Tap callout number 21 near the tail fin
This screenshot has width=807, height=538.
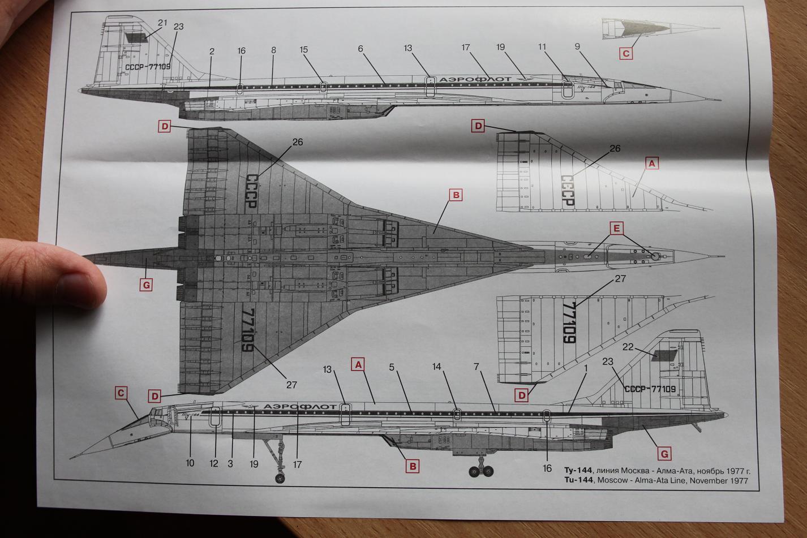(x=163, y=23)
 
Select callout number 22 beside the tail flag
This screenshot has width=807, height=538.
(x=628, y=347)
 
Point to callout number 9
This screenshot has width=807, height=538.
(x=578, y=47)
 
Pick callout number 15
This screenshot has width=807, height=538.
(x=304, y=50)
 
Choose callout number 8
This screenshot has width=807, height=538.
(x=273, y=50)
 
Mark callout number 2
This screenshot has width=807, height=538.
(x=212, y=51)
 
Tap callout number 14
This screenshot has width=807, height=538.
(x=436, y=367)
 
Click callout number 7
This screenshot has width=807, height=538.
(x=477, y=367)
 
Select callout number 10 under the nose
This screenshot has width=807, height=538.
(x=190, y=463)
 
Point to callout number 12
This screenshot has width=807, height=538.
(x=214, y=463)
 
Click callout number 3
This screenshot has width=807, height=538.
(x=230, y=463)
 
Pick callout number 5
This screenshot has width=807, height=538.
(x=391, y=367)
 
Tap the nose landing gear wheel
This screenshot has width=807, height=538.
(x=280, y=479)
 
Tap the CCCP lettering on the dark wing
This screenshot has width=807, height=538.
(x=251, y=193)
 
